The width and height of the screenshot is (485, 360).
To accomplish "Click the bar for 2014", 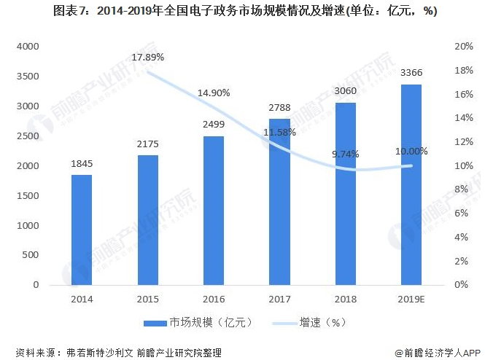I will click(82, 230).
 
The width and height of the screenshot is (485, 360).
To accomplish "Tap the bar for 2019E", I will click(411, 184).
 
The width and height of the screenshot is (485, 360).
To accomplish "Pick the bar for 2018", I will click(346, 193).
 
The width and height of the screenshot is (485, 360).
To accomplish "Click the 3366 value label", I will click(411, 73).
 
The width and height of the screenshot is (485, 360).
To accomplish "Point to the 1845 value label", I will click(82, 164).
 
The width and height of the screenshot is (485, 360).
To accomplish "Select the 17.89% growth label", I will click(148, 57).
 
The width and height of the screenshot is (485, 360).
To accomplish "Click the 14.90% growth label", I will click(214, 93).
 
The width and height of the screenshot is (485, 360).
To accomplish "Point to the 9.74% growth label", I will click(346, 154).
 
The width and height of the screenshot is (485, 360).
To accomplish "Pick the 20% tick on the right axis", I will click(464, 47).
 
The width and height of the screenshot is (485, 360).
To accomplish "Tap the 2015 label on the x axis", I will click(147, 300).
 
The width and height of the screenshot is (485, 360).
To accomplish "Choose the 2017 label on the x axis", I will click(279, 300).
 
